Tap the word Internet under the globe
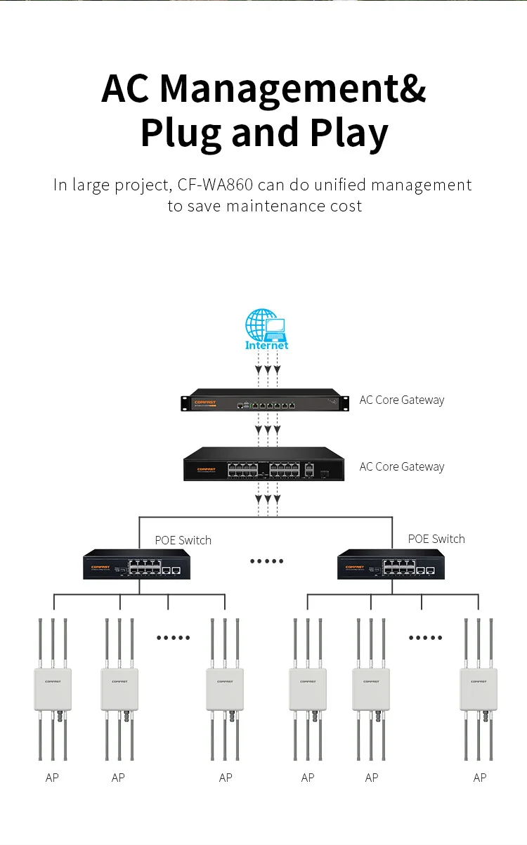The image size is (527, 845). (x=266, y=346)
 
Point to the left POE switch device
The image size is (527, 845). (x=137, y=564)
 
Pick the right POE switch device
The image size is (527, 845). (x=391, y=564)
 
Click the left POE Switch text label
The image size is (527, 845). (x=183, y=540)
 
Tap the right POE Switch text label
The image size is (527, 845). (x=436, y=539)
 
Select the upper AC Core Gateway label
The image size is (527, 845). (x=402, y=400)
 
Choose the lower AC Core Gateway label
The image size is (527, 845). (x=402, y=466)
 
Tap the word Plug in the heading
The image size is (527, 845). (x=181, y=133)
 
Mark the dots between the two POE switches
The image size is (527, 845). (x=267, y=561)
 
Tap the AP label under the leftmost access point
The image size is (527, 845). (x=52, y=778)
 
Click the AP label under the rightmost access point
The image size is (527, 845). (x=480, y=778)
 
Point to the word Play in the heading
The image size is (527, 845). (x=349, y=133)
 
